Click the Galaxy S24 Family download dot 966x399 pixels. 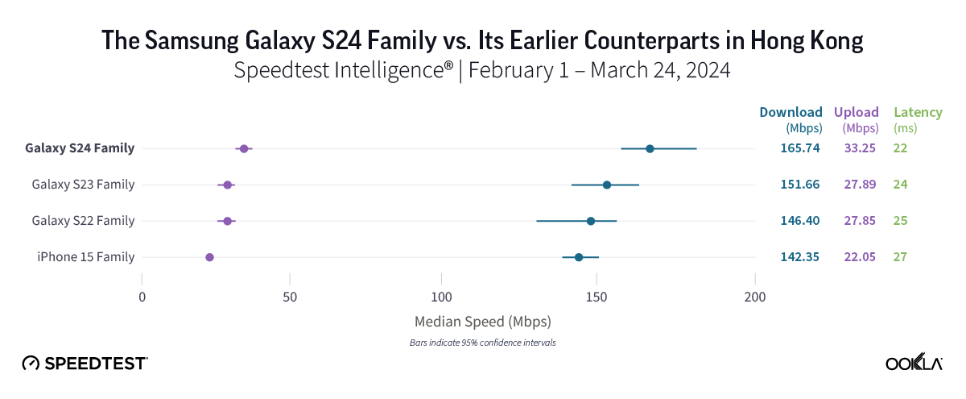[x=650, y=148]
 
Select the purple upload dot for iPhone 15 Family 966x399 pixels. [x=209, y=257]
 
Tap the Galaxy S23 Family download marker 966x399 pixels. [x=607, y=185]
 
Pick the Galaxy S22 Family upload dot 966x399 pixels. [x=228, y=221]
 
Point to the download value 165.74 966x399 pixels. [x=799, y=148]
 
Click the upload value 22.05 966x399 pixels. [x=861, y=257]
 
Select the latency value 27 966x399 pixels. [x=900, y=257]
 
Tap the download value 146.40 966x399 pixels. [x=799, y=221]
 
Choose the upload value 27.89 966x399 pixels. [x=861, y=185]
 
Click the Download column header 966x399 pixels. [x=791, y=112]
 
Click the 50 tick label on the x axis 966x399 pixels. [x=291, y=297]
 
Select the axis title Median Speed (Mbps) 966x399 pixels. [x=482, y=322]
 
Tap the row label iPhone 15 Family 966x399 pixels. [x=85, y=257]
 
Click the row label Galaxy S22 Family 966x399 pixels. [x=83, y=221]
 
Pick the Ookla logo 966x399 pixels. [x=914, y=364]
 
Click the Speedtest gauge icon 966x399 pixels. [x=31, y=364]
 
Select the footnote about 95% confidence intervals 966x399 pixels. [x=482, y=343]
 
